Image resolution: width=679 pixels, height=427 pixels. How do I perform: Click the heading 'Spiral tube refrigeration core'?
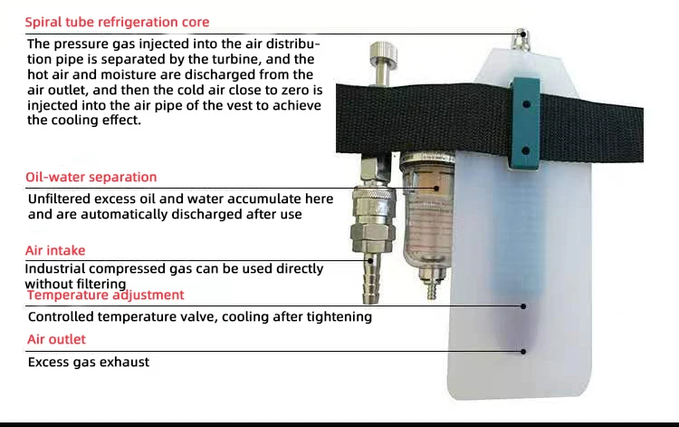(x=117, y=22)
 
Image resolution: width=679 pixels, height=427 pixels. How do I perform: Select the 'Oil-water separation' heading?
(x=91, y=177)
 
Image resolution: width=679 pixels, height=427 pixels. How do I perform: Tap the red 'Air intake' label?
(x=55, y=250)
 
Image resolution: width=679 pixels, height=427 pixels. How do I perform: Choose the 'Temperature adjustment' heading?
(x=105, y=296)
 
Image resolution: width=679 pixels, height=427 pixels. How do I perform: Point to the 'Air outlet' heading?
(x=56, y=339)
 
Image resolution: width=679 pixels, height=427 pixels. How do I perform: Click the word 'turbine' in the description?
(x=237, y=59)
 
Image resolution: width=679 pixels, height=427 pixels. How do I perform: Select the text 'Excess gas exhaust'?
(x=89, y=362)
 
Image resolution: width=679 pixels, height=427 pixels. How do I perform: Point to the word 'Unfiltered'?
(x=59, y=199)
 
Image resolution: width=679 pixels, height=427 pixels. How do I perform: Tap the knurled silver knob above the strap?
(x=383, y=52)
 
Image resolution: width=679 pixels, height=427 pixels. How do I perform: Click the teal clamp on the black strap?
(x=526, y=124)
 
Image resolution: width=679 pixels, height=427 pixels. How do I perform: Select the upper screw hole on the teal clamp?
(x=526, y=104)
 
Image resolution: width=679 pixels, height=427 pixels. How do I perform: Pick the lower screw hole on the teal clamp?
(x=526, y=150)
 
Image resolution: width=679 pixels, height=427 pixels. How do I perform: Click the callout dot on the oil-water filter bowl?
(x=436, y=189)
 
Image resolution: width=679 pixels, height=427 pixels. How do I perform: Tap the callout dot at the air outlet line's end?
(x=523, y=352)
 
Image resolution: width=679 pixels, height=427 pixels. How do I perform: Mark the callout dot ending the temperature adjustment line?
(x=523, y=306)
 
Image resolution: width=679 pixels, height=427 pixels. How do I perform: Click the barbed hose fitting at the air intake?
(x=372, y=277)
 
